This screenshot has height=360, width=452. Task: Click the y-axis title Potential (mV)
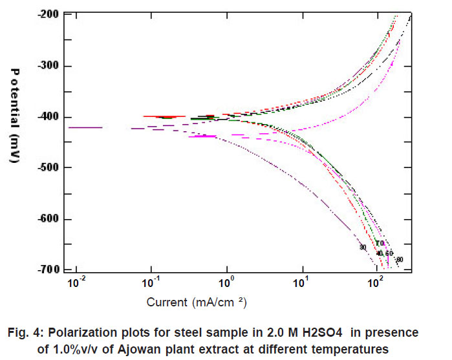[x=16, y=116]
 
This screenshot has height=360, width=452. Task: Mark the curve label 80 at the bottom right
[x=400, y=260]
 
